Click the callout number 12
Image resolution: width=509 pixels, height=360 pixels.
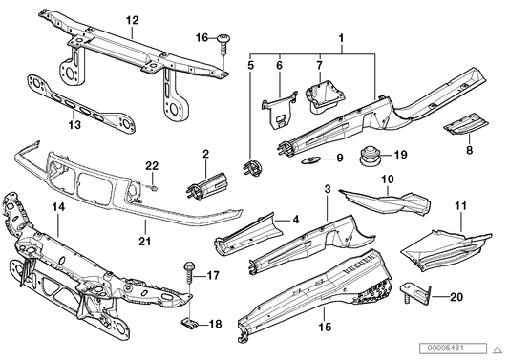[x=132, y=20]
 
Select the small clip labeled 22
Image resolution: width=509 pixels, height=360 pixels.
[x=153, y=188]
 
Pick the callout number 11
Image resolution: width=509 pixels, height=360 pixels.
[x=460, y=206]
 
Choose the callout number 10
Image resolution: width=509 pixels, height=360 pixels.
[x=388, y=179]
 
